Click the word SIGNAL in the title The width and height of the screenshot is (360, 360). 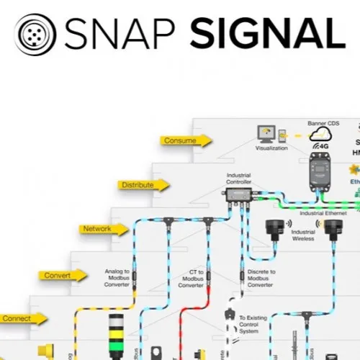[x=264, y=32]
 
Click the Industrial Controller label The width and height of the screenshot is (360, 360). [x=238, y=178]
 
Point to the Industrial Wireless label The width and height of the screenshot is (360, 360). [x=302, y=235]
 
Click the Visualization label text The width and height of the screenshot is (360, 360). [x=271, y=148]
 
